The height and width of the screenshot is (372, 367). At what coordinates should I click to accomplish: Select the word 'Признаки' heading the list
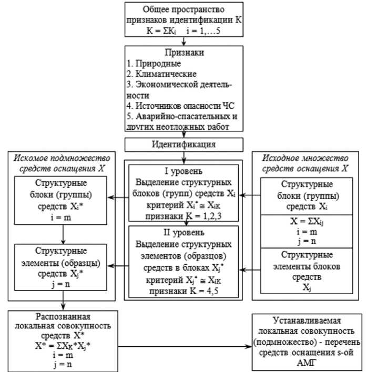183,53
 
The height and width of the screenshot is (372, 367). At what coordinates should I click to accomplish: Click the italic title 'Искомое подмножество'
63,158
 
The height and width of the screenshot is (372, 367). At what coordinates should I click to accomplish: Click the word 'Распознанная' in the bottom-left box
63,318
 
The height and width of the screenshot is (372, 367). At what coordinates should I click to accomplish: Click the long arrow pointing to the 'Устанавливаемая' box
184,346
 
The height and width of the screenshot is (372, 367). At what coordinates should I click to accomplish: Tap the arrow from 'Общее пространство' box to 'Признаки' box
183,41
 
